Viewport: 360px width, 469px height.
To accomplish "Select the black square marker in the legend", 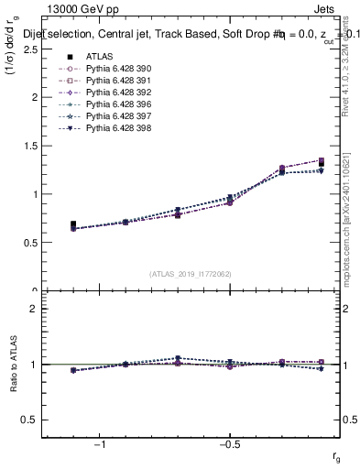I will coord(72,56).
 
